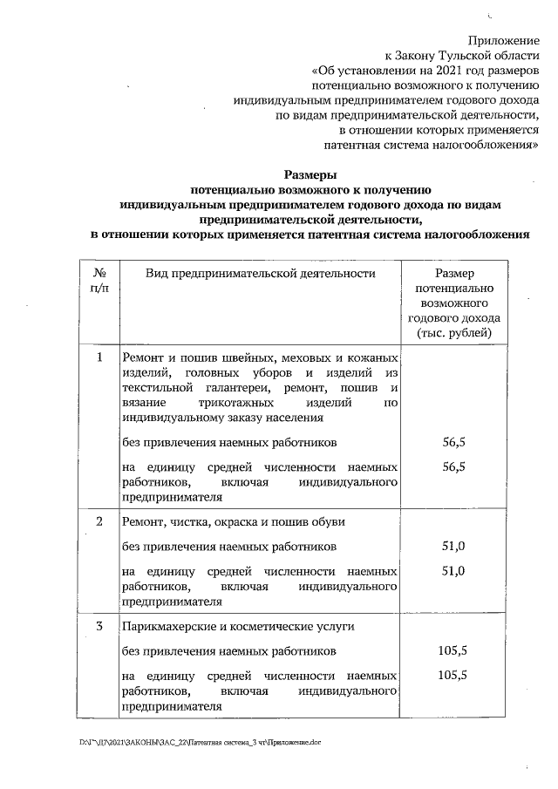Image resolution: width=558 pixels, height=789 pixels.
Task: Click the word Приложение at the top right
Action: click(x=504, y=40)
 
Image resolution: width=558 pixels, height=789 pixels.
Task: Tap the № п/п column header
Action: click(x=100, y=281)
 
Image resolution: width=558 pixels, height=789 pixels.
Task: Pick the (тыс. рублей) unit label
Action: click(x=453, y=333)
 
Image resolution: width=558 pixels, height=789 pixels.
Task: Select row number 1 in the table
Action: click(x=100, y=357)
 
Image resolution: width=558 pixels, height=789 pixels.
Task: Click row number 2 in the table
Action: click(x=100, y=521)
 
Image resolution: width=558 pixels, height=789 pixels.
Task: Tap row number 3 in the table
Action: click(x=100, y=626)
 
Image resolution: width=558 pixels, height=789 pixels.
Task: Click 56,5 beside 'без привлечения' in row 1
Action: click(x=453, y=443)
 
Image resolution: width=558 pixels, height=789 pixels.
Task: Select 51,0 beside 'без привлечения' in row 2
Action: click(x=453, y=547)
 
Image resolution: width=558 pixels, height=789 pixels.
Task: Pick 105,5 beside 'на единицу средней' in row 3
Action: click(x=453, y=676)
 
